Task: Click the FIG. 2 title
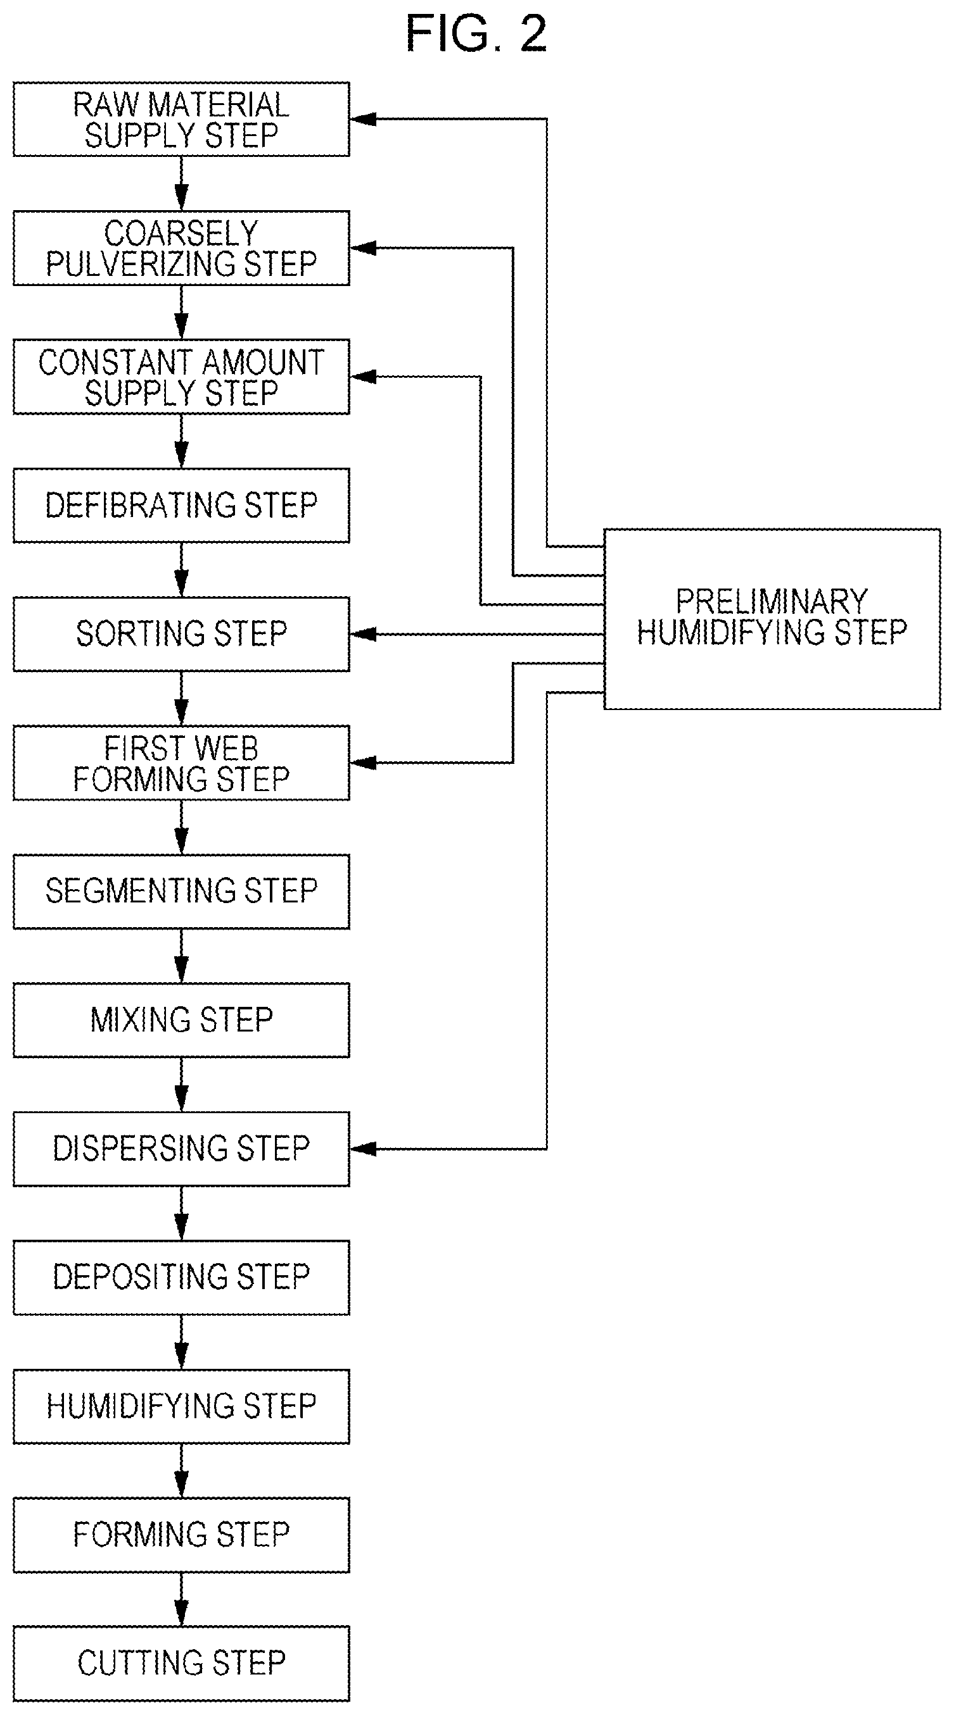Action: point(476,34)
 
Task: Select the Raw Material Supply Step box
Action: point(181,119)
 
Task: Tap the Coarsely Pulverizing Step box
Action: point(181,248)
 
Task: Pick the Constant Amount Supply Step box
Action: point(181,377)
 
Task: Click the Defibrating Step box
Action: point(181,505)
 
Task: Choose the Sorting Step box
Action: point(181,634)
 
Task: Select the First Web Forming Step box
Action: point(181,763)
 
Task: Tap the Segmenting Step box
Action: point(181,892)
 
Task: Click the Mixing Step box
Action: point(181,1020)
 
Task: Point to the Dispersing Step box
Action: point(181,1149)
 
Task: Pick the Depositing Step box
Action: point(181,1278)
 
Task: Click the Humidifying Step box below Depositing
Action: point(181,1406)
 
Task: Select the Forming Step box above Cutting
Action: point(181,1535)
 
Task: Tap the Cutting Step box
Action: point(181,1664)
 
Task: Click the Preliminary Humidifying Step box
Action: point(772,619)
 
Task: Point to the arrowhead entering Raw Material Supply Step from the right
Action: point(363,119)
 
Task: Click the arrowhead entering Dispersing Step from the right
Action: point(363,1149)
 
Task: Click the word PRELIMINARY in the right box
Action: point(772,602)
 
